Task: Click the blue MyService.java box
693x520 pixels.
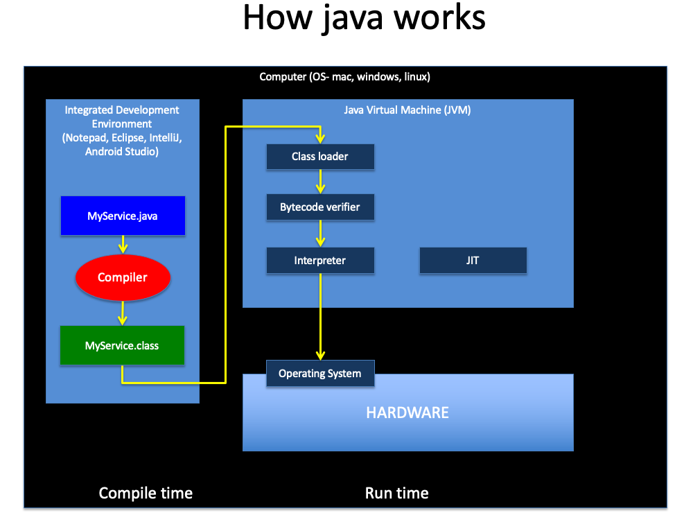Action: [123, 216]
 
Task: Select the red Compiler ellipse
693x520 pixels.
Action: [123, 277]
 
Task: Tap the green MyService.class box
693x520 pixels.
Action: [123, 345]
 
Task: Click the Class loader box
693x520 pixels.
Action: [320, 157]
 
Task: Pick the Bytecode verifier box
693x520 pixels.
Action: [320, 207]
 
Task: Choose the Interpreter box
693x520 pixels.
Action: [320, 261]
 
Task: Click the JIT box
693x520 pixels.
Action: [473, 261]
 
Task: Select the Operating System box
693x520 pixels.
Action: [320, 374]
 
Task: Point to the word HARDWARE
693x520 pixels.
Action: [407, 413]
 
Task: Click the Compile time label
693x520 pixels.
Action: [146, 493]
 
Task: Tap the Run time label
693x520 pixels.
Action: [397, 493]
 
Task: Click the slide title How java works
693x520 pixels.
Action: [365, 18]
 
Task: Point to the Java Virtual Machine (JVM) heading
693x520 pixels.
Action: [407, 110]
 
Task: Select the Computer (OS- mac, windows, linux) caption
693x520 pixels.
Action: [344, 77]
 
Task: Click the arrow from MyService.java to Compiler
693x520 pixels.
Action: [123, 245]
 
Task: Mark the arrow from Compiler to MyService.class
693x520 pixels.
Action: [123, 313]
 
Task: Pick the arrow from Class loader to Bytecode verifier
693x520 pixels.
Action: [320, 182]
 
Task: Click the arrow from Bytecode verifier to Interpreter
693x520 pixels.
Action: [320, 234]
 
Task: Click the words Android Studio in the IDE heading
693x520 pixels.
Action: [122, 152]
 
